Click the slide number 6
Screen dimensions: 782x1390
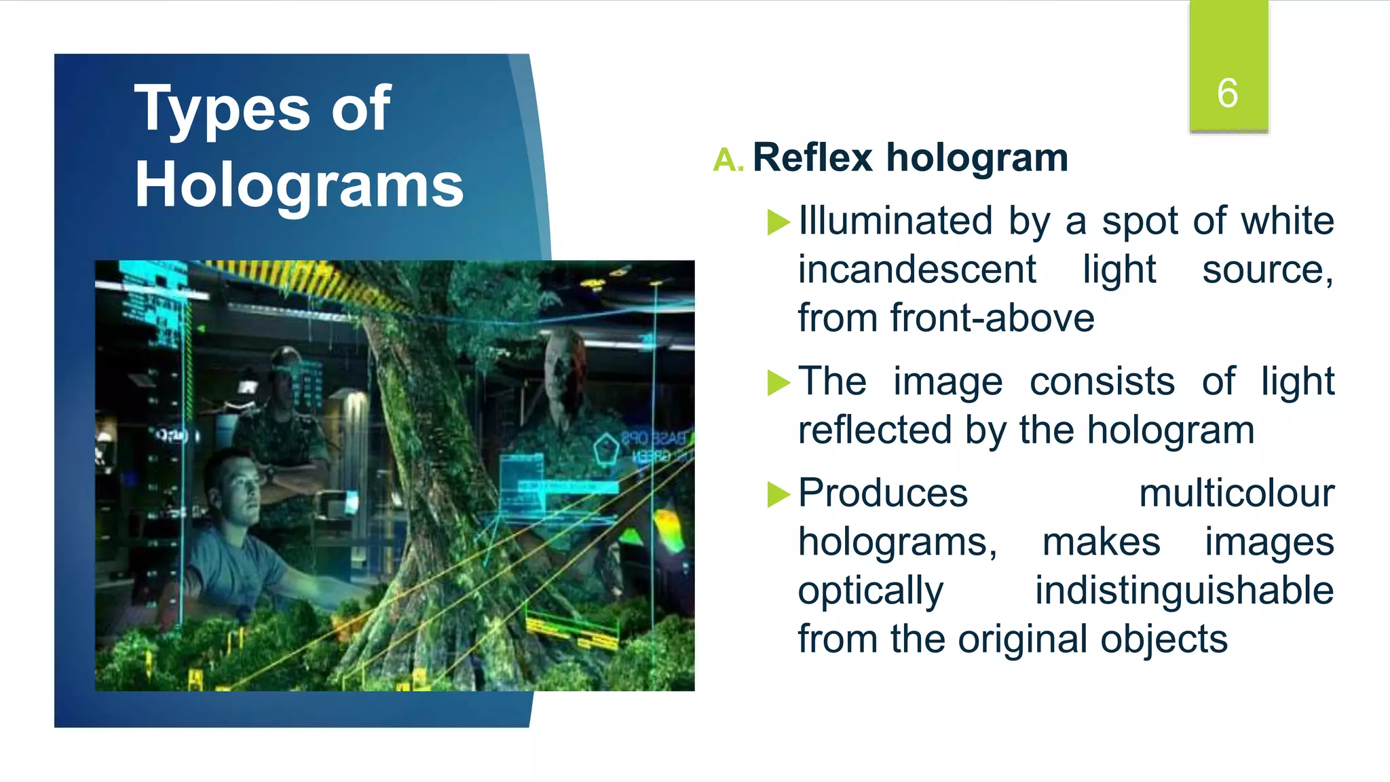[1227, 93]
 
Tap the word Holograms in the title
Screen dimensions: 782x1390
[299, 186]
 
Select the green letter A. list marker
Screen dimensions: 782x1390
[728, 161]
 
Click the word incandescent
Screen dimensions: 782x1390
[916, 270]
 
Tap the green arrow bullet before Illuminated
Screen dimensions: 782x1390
[778, 222]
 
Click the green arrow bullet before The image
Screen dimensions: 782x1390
[778, 382]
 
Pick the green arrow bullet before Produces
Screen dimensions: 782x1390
[778, 494]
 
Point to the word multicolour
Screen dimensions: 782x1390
[1236, 494]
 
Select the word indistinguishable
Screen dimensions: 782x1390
[1184, 591]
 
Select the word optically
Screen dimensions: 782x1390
[870, 591]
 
